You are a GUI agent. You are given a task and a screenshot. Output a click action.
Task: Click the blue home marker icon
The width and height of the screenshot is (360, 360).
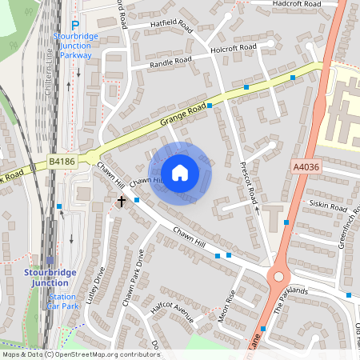tap(180, 173)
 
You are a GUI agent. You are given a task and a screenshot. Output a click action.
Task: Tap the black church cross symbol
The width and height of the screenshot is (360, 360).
tap(122, 202)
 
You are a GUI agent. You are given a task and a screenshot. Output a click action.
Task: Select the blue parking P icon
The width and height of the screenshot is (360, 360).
tap(74, 26)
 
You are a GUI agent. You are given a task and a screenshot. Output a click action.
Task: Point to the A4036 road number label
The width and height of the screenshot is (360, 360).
tap(304, 166)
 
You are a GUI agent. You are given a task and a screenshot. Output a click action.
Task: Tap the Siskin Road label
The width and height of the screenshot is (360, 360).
tap(325, 205)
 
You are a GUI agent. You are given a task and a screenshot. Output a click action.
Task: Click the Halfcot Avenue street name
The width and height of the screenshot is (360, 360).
tap(173, 312)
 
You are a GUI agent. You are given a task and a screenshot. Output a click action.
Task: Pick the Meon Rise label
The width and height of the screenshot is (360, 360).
tap(226, 306)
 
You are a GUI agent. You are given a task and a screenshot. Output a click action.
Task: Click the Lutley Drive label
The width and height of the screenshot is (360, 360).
tap(99, 287)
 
